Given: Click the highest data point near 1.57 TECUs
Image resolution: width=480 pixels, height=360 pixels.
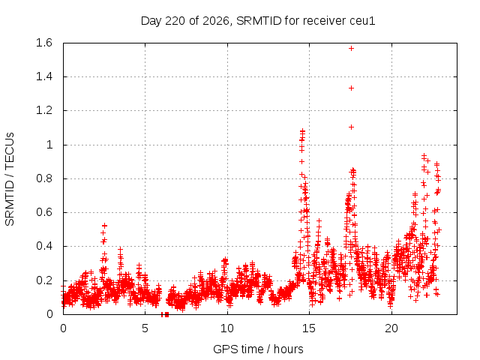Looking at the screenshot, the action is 352,48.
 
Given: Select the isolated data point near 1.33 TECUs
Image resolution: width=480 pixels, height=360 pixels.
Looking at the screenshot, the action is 352,88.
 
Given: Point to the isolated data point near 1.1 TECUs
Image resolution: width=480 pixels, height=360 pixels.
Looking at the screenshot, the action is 352,127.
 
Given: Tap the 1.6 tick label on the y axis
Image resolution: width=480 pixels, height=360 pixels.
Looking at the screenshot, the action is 44,43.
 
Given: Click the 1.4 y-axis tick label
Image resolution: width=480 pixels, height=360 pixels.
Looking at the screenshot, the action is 44,76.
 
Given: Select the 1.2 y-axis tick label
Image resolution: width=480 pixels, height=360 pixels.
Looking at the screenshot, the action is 44,110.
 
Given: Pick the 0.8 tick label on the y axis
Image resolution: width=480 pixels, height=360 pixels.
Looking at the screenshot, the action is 44,178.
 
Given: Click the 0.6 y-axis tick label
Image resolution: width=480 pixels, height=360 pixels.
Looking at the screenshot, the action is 44,212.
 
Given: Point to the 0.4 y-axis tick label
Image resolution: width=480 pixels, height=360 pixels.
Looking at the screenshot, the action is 44,246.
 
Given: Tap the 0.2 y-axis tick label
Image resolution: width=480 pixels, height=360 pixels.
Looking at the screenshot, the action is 44,280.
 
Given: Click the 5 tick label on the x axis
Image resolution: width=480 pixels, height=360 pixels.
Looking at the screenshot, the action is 145,328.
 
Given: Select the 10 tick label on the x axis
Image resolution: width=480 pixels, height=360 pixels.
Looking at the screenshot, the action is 227,328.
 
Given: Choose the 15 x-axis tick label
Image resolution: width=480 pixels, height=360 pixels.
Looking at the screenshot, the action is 309,328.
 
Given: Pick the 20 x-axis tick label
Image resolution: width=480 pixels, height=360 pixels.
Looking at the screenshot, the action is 391,328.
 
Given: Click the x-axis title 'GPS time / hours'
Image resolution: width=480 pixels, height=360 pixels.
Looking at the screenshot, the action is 258,349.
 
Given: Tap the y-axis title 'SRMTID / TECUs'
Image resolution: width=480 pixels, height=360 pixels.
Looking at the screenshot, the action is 10,179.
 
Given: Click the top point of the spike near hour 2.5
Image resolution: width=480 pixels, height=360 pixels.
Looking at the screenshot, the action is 105,226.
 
